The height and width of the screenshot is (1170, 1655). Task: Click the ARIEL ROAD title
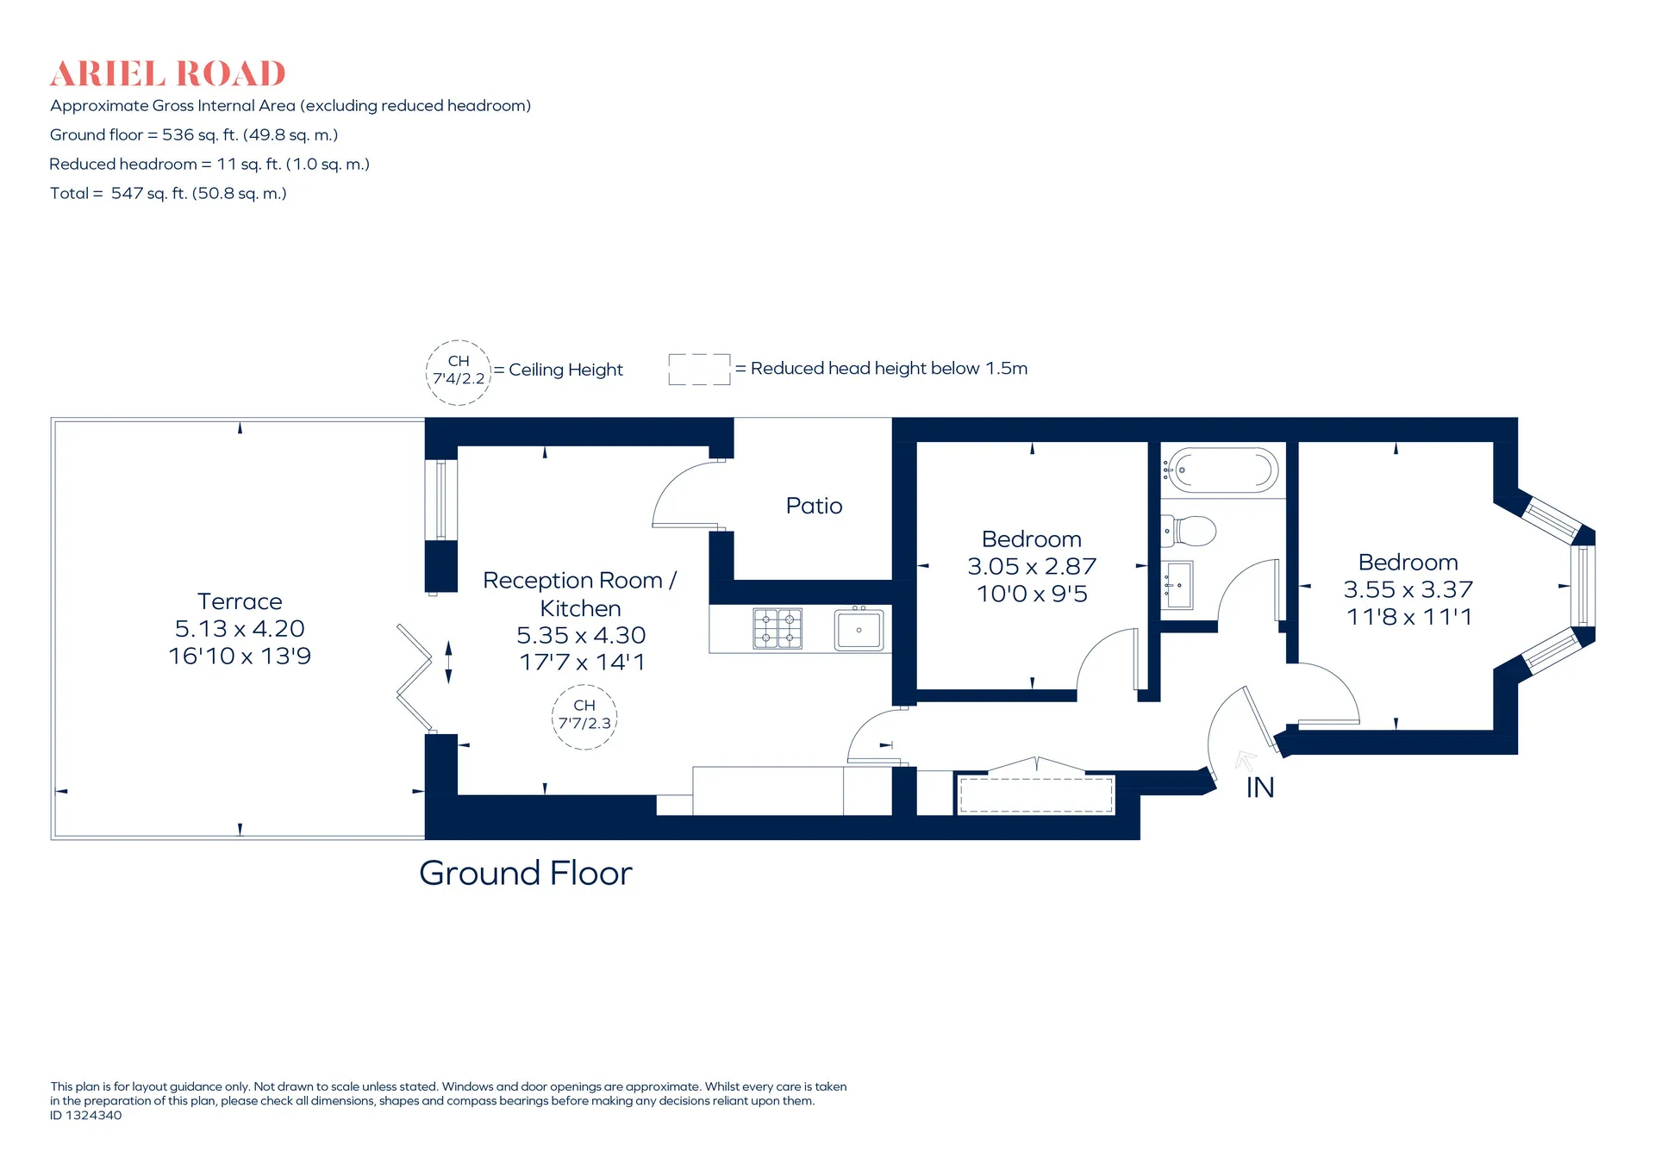pyautogui.click(x=167, y=74)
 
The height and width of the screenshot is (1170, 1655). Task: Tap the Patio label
pyautogui.click(x=814, y=506)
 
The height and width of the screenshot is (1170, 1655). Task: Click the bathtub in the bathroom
pyautogui.click(x=1221, y=470)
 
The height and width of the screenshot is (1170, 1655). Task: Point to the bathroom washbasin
pyautogui.click(x=1177, y=585)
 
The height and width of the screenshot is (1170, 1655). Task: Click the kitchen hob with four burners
pyautogui.click(x=778, y=628)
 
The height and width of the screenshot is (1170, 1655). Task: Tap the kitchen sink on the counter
pyautogui.click(x=859, y=629)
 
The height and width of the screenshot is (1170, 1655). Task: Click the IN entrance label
pyautogui.click(x=1259, y=787)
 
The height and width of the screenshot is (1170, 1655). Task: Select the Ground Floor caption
pyautogui.click(x=526, y=874)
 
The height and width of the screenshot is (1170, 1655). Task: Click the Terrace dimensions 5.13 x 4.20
pyautogui.click(x=240, y=629)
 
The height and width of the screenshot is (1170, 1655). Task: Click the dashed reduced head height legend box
pyautogui.click(x=699, y=370)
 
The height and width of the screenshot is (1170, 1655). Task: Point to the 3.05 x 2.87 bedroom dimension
pyautogui.click(x=1032, y=567)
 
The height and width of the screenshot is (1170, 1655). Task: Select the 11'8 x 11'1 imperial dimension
pyautogui.click(x=1408, y=617)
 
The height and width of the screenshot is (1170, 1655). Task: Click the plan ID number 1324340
pyautogui.click(x=85, y=1115)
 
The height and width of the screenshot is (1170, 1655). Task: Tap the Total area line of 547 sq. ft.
pyautogui.click(x=168, y=194)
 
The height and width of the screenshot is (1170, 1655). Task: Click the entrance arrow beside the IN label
pyautogui.click(x=1246, y=762)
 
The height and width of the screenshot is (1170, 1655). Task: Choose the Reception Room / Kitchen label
pyautogui.click(x=580, y=594)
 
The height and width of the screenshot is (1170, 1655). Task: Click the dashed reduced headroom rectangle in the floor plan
pyautogui.click(x=1036, y=795)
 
